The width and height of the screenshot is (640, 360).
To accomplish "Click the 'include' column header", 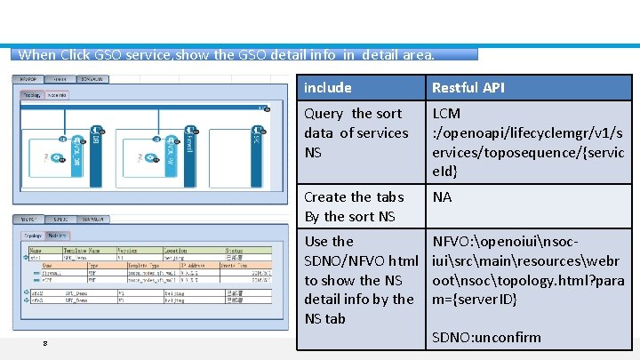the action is click(328, 87).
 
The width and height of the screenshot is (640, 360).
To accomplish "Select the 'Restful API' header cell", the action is click(468, 87).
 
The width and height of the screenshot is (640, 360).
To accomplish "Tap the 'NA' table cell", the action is click(443, 196).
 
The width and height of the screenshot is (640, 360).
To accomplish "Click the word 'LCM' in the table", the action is click(446, 114).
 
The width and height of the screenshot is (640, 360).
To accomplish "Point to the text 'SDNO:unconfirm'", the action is click(486, 337).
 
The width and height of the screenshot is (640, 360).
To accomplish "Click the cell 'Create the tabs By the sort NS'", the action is click(354, 206).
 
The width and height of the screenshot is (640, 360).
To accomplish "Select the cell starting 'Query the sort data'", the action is click(356, 132).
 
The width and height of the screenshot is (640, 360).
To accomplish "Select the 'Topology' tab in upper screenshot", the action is click(32, 94).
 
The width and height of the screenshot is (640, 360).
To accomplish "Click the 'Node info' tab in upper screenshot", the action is click(57, 94).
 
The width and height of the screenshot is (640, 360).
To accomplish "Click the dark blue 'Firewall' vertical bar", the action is click(188, 142).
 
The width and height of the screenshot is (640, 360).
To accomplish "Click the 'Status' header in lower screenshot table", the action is click(234, 251).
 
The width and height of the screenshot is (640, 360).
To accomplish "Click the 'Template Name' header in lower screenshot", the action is click(77, 251).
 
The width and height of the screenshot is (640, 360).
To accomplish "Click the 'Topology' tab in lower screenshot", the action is click(32, 236).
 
